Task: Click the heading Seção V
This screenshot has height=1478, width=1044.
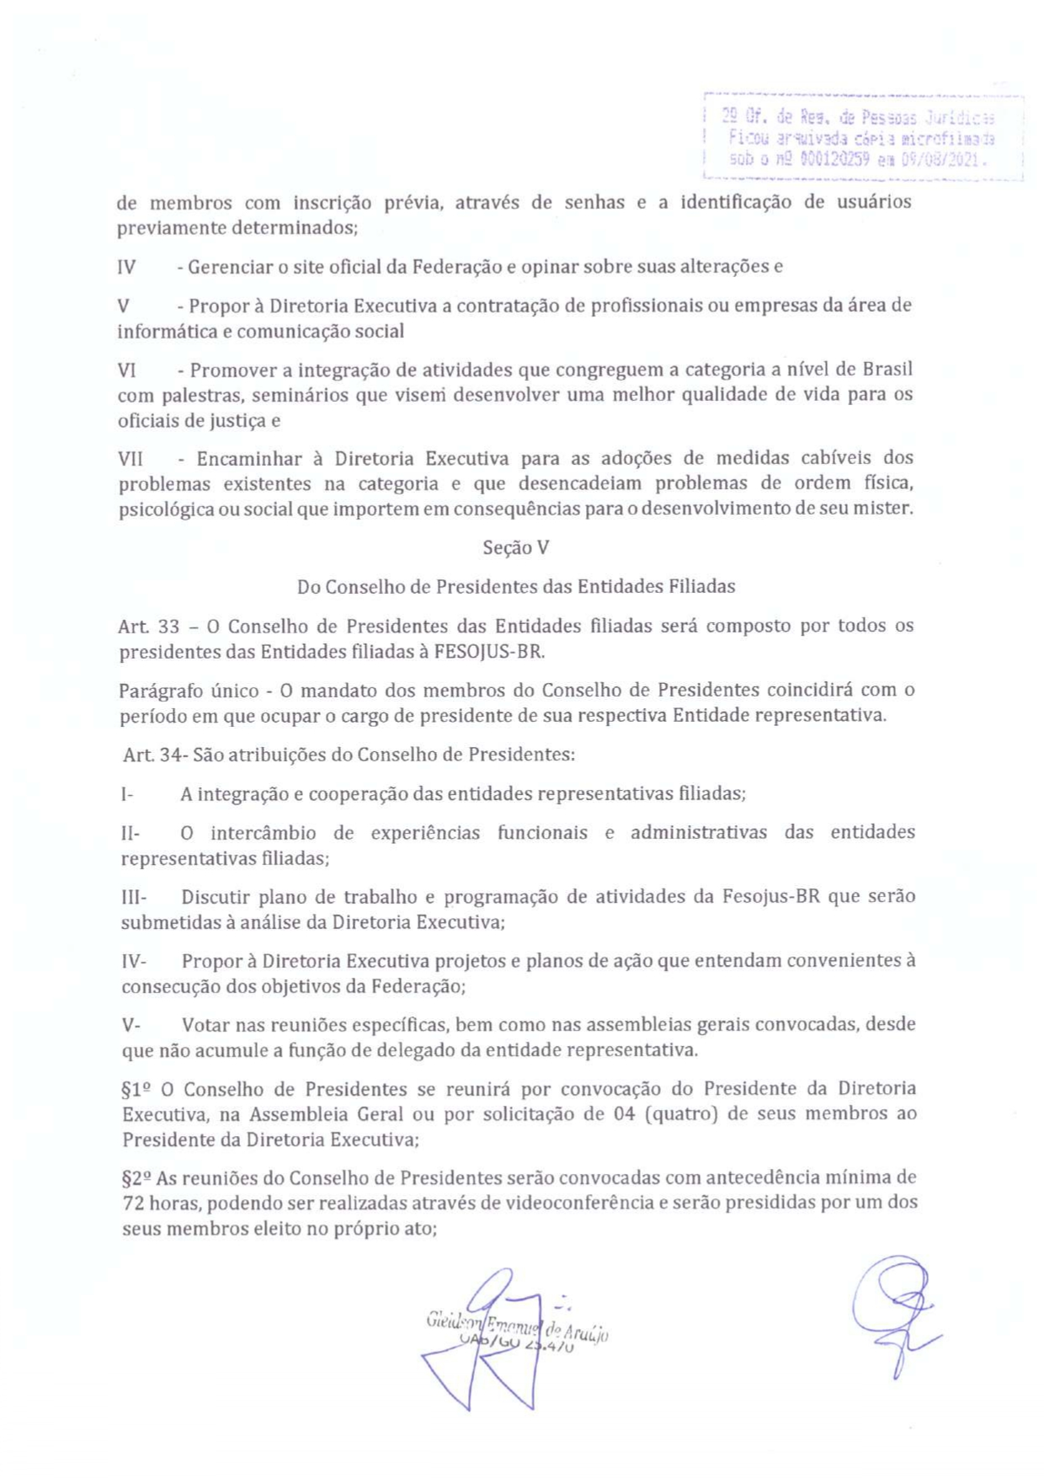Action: [515, 548]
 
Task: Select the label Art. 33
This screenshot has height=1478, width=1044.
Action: [148, 627]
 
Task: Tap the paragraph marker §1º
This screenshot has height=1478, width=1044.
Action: [137, 1090]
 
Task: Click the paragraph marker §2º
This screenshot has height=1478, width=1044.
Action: [136, 1177]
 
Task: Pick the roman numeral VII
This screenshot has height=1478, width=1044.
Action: [130, 459]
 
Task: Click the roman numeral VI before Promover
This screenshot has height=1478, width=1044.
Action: [127, 370]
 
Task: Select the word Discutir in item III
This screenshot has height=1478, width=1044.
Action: [215, 896]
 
